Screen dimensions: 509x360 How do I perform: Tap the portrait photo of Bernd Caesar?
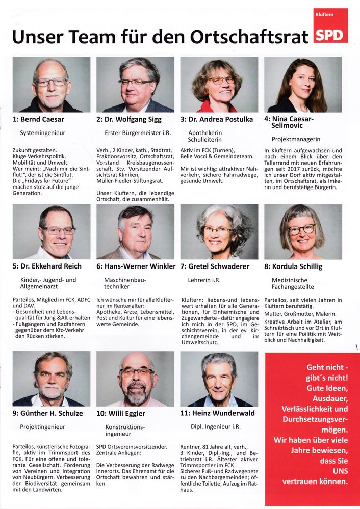[x=52, y=85]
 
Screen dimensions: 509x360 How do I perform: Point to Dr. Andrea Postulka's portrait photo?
[x=219, y=85]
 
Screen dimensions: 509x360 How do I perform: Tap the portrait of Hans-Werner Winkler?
[x=135, y=232]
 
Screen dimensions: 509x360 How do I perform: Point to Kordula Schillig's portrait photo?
[x=303, y=232]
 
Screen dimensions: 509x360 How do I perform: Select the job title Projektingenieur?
[x=42, y=426]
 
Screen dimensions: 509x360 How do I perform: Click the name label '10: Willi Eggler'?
[x=121, y=413]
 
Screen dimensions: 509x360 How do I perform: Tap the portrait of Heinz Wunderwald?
[x=219, y=379]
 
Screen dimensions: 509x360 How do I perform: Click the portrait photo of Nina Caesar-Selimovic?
[x=303, y=85]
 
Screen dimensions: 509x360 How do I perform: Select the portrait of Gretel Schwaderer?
[x=219, y=232]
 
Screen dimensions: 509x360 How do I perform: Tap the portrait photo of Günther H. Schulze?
[x=52, y=379]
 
